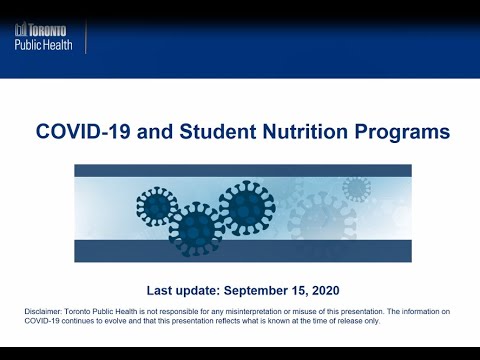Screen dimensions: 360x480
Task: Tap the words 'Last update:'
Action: pyautogui.click(x=181, y=290)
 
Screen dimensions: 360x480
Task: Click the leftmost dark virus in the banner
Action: pyautogui.click(x=156, y=207)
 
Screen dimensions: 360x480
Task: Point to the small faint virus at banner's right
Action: pyautogui.click(x=356, y=188)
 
